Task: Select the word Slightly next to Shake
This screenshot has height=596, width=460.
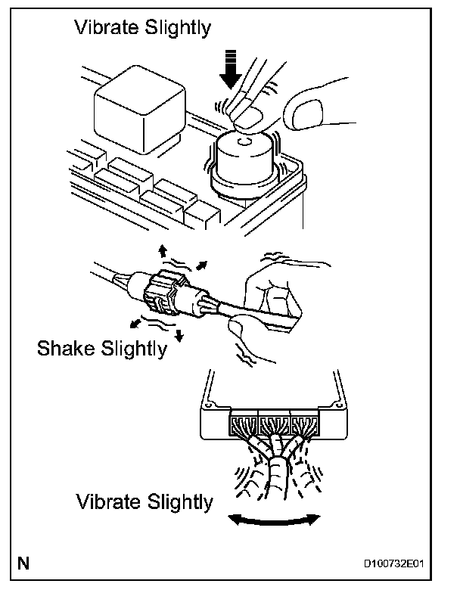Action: pos(138,349)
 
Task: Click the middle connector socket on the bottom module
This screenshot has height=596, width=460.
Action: pos(276,425)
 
